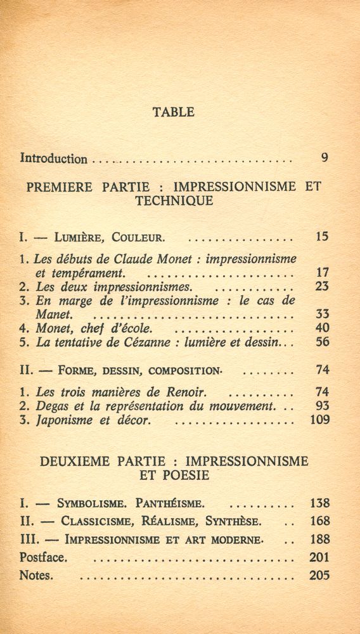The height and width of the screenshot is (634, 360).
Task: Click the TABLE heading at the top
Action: tap(173, 112)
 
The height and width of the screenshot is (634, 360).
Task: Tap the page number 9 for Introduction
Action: tap(325, 158)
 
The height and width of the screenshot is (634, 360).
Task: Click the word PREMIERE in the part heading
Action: tap(60, 187)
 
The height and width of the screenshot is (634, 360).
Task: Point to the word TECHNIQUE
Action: tap(174, 201)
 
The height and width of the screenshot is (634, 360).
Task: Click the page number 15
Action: tap(321, 238)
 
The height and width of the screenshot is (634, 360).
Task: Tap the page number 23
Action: tap(322, 286)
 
